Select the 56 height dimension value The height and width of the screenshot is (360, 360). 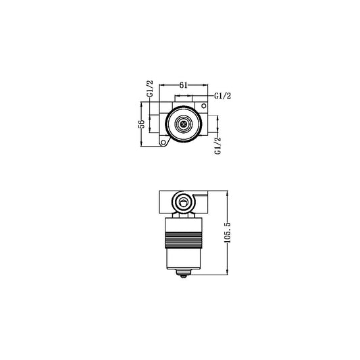141,124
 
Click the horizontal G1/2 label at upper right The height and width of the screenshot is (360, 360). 224,97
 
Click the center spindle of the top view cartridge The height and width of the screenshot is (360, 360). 184,124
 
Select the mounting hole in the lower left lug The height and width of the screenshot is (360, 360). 164,143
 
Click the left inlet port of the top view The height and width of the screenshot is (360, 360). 156,124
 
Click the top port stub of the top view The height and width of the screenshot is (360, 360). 184,99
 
